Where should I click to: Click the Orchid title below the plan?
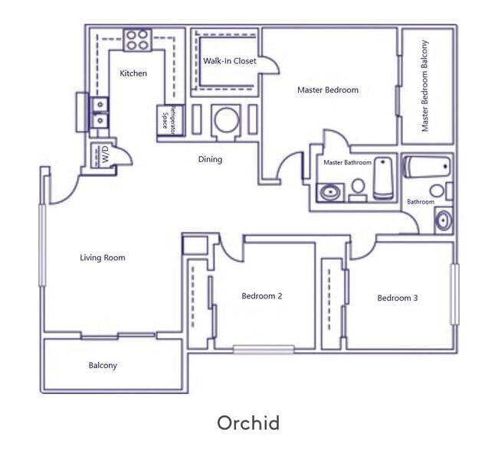click(x=247, y=423)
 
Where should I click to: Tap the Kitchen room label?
click(x=133, y=73)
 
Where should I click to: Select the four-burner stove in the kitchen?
click(x=137, y=40)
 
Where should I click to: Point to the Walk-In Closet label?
click(x=230, y=61)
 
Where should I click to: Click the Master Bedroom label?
click(x=327, y=90)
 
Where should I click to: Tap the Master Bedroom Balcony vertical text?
click(x=425, y=85)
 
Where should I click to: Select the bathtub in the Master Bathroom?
click(x=383, y=178)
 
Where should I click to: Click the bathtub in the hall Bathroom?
click(x=428, y=166)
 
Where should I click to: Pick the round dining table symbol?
click(x=227, y=120)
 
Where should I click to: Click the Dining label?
click(x=210, y=160)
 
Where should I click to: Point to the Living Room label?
click(x=102, y=258)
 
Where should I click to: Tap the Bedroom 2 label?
click(x=262, y=296)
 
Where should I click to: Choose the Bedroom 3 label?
click(x=397, y=298)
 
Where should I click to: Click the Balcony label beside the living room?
click(x=103, y=366)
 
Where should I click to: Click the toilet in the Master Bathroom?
click(x=358, y=187)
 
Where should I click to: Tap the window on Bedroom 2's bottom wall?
click(x=264, y=350)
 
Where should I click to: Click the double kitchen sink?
click(x=100, y=112)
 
